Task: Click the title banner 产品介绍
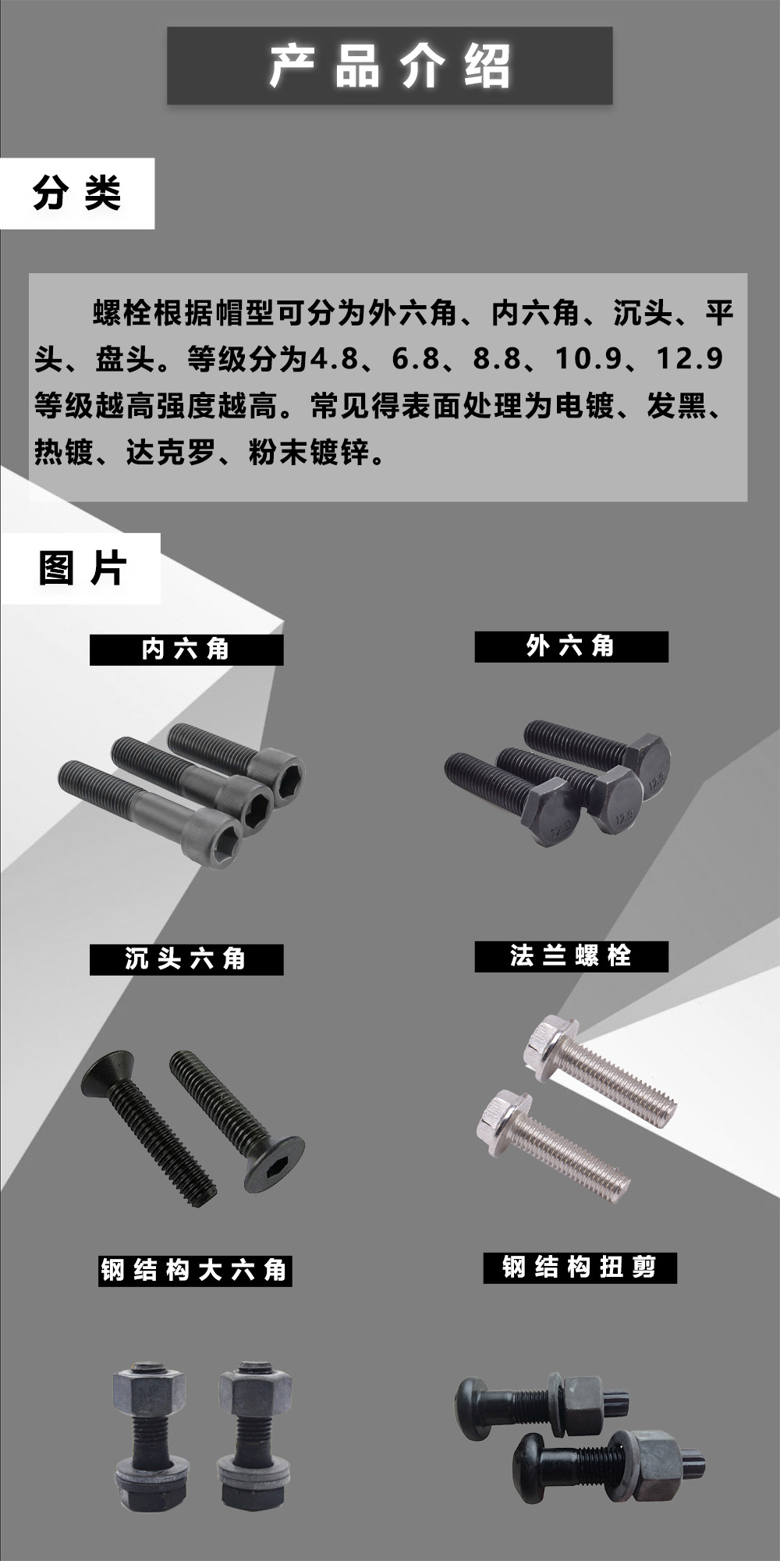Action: (389, 66)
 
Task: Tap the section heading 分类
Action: (76, 193)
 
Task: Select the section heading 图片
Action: (81, 567)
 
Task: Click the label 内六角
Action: (186, 649)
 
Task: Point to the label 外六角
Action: (571, 646)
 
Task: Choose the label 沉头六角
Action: (186, 958)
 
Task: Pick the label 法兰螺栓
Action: (571, 955)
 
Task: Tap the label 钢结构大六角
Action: (193, 1270)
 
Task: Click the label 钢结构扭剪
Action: (579, 1267)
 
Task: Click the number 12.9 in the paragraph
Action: (690, 359)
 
